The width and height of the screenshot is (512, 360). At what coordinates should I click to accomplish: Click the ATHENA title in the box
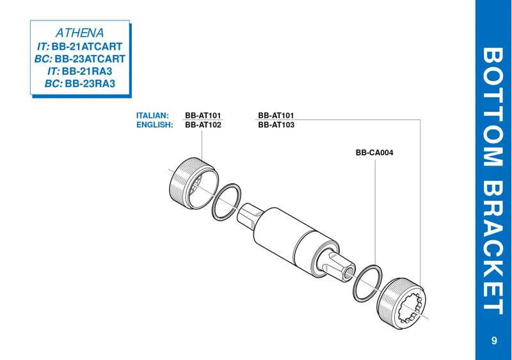coord(79,32)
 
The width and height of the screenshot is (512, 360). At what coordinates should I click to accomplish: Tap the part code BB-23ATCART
coord(90,59)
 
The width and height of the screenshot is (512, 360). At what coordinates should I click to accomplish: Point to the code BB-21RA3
coord(87,71)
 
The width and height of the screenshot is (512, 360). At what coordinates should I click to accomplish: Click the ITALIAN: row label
coord(152,116)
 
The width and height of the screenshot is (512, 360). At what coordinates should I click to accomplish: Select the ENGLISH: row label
coord(155,125)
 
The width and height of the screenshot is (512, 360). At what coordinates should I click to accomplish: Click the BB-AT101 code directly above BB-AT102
coord(203,116)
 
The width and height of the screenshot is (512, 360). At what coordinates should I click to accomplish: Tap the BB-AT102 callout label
coord(203,125)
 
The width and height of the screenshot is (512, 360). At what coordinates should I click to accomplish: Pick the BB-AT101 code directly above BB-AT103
coord(276,116)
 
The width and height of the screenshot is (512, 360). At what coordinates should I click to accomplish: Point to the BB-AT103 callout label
coord(276,125)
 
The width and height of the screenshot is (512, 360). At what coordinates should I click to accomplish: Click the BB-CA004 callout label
coord(374,153)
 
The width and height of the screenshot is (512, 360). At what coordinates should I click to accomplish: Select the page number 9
coord(494,340)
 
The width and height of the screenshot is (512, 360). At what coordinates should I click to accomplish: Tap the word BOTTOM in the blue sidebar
coord(493,108)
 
